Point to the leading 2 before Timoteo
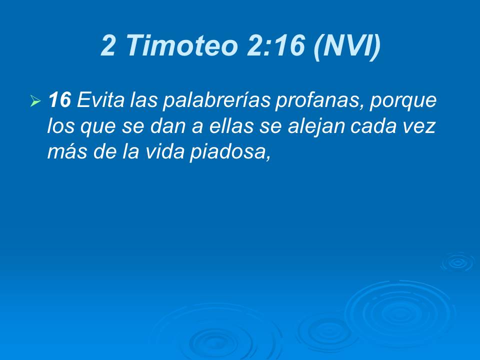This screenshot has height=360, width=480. (x=108, y=45)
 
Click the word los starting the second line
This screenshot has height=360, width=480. (x=58, y=126)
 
